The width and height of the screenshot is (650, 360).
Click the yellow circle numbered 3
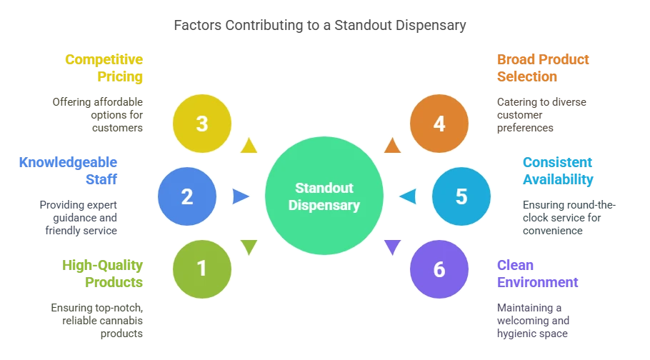[x=202, y=124]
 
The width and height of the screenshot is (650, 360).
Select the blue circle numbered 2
[x=187, y=196]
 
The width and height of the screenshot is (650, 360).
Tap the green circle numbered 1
[x=202, y=269]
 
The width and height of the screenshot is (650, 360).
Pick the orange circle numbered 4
[x=439, y=124]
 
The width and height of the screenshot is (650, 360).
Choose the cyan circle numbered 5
[x=461, y=196]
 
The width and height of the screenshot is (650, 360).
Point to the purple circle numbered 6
[x=439, y=269]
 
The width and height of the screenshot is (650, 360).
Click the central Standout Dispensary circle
[x=324, y=196]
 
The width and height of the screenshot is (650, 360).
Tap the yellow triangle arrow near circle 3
[x=249, y=146]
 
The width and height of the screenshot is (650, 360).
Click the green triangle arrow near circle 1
[x=249, y=246]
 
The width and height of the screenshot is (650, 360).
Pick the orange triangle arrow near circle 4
[x=392, y=146]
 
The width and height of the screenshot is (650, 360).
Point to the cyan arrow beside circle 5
[x=409, y=196]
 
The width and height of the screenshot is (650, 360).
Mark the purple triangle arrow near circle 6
[x=392, y=246]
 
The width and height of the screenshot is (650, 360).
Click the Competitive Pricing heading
[x=104, y=68]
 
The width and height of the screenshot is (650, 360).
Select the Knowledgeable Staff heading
[x=69, y=171]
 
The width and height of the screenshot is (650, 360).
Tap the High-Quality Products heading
[x=102, y=274]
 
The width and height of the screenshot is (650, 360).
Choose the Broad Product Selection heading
[x=543, y=68]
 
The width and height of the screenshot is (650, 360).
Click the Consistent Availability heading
[x=558, y=171]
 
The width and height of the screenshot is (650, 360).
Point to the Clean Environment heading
[x=538, y=274]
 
